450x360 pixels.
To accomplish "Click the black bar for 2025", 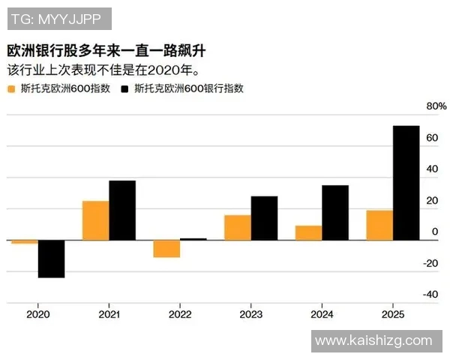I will coord(406,183).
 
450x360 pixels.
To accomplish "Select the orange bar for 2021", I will coord(95,220).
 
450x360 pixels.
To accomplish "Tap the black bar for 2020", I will coord(51,259).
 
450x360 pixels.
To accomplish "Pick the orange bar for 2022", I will coord(166,248).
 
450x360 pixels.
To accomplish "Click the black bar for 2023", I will coord(264,218).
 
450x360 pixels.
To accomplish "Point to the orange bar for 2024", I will coord(308,232).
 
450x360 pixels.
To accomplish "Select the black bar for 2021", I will coord(122,210).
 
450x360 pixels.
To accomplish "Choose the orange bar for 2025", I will coord(379,225).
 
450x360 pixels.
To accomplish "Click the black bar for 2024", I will coord(335,212).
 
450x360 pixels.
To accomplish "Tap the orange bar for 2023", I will coord(238,227).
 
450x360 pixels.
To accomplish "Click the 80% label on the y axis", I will coord(436,106).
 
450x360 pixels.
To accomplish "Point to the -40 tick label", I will coord(429,295).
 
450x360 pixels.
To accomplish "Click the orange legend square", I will coord(10,88).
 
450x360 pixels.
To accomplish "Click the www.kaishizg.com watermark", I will coord(373,341).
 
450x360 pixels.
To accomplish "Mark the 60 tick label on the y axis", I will coord(431,138).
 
